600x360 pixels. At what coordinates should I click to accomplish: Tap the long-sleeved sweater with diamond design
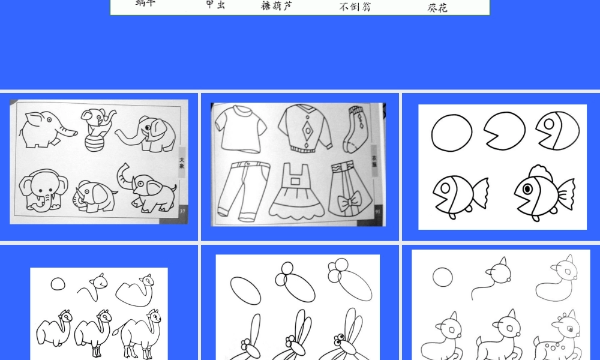[306, 128]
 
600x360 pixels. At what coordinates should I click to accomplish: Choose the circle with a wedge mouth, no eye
[504, 131]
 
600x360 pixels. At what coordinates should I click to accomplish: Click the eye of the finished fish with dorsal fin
[526, 188]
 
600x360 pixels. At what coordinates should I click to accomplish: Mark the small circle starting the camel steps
[58, 283]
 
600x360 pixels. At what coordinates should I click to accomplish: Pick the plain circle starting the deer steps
[443, 277]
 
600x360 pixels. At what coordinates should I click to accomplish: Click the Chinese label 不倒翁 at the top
[355, 7]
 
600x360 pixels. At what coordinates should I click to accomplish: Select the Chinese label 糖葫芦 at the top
[276, 6]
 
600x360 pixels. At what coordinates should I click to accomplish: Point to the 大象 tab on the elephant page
[182, 164]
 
